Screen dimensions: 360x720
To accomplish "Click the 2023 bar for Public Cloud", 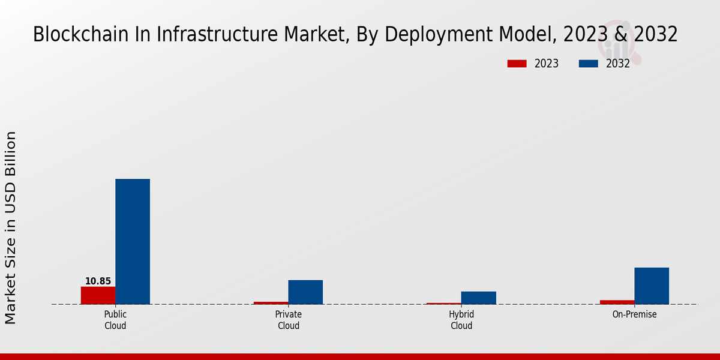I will [x=98, y=295].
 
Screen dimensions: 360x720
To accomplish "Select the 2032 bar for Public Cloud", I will [x=133, y=241].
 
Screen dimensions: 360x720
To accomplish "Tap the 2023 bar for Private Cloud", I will [x=271, y=303].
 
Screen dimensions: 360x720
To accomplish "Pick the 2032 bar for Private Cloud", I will [x=305, y=292].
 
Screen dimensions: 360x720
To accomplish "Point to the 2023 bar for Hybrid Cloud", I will [x=444, y=304].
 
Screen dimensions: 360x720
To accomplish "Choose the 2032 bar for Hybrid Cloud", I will [x=479, y=298].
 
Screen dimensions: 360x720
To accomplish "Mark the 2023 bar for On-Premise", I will [x=617, y=302].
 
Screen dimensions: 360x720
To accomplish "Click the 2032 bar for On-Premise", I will [x=652, y=286].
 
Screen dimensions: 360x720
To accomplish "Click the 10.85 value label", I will [x=98, y=281].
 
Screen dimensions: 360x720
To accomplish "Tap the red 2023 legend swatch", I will [x=517, y=64].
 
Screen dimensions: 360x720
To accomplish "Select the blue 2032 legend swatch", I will [x=589, y=64].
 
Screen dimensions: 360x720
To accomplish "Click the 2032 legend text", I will [x=618, y=64].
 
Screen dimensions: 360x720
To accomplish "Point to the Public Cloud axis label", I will [x=115, y=320].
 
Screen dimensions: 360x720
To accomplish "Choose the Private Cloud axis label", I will [x=289, y=320].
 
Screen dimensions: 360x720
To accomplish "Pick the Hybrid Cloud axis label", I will [x=461, y=320].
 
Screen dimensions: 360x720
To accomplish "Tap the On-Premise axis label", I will [x=634, y=314].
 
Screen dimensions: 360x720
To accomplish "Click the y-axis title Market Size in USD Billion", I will [x=11, y=228].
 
